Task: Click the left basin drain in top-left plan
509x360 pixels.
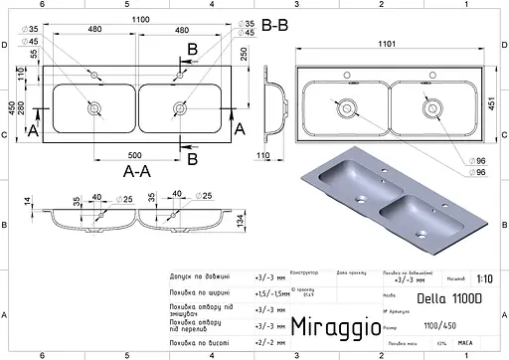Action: click(x=98, y=105)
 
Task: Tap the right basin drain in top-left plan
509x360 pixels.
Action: click(x=179, y=105)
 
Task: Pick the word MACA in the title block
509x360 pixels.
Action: click(x=464, y=346)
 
